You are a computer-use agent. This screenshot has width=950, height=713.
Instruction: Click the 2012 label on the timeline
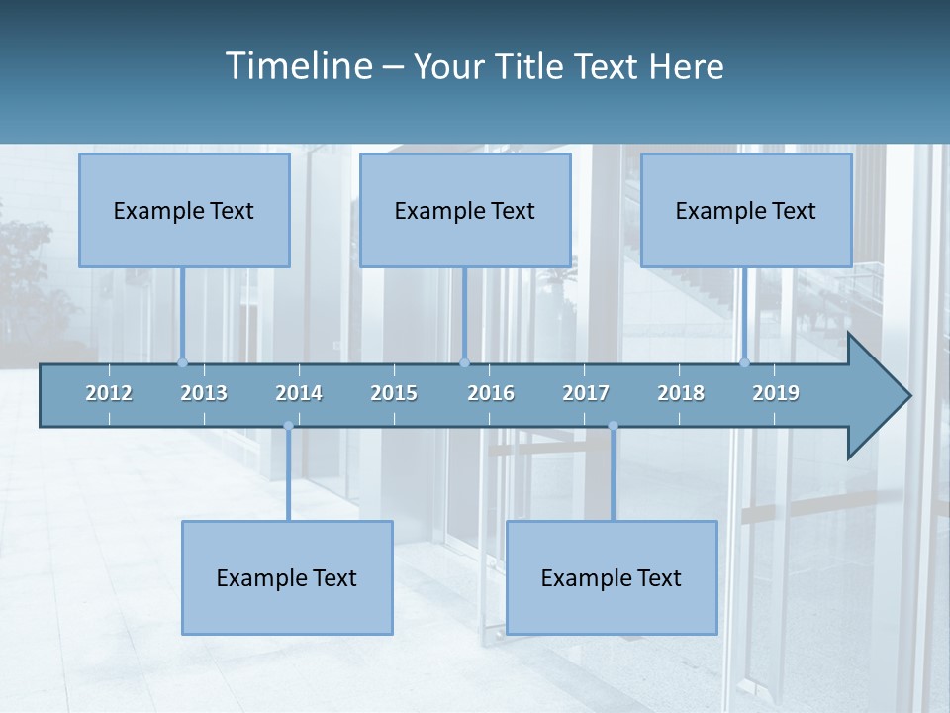point(109,393)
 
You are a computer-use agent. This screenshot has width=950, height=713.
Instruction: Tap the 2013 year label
point(204,393)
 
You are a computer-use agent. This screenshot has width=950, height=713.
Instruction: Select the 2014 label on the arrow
point(299,393)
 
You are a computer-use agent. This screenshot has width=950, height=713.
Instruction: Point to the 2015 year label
point(394,393)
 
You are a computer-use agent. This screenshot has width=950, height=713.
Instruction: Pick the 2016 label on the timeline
point(491,393)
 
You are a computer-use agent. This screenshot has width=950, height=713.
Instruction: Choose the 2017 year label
point(586,393)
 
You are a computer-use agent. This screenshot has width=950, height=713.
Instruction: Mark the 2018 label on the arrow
point(681,393)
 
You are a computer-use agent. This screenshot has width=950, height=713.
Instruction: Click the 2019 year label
point(776,393)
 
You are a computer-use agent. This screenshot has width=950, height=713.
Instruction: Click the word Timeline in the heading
point(298,66)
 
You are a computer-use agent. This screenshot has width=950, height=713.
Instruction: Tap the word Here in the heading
point(686,66)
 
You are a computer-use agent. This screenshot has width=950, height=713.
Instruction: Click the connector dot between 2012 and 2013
point(182,362)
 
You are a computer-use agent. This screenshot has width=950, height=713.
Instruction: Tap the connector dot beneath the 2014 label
point(288,426)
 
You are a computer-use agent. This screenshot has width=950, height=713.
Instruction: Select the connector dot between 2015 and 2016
point(464,362)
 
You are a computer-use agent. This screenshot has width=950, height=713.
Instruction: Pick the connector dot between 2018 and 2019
point(745,362)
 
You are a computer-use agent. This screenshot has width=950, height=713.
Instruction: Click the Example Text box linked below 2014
point(287,577)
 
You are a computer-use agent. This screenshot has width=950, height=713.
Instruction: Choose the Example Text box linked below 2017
point(612,577)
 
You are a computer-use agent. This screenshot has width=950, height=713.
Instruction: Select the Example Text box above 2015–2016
point(465,210)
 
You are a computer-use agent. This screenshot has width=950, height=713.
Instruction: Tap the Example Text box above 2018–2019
point(746,210)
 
